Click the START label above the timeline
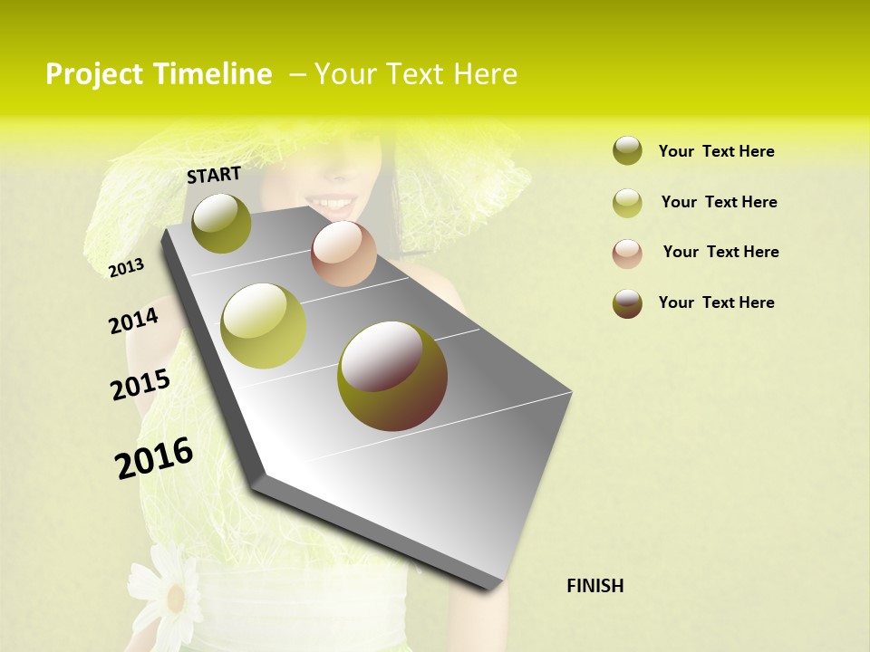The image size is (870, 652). tap(214, 174)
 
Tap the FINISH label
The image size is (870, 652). tap(594, 586)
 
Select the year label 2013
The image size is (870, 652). tap(126, 268)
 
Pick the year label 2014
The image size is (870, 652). tap(133, 321)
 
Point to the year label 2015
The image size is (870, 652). tap(140, 385)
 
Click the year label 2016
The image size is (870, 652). tap(154, 457)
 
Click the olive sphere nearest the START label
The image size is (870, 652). tap(222, 223)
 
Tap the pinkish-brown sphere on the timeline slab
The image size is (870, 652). tap(343, 254)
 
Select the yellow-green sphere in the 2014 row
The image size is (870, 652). tap(264, 326)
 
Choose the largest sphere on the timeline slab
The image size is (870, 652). tap(392, 376)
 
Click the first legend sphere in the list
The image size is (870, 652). tap(627, 151)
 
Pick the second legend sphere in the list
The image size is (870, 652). tap(627, 203)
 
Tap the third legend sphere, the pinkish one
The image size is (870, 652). tap(627, 254)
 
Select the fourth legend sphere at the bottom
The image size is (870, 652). tap(627, 303)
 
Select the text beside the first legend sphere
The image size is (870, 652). tap(716, 151)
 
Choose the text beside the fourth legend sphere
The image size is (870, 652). tap(716, 302)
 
